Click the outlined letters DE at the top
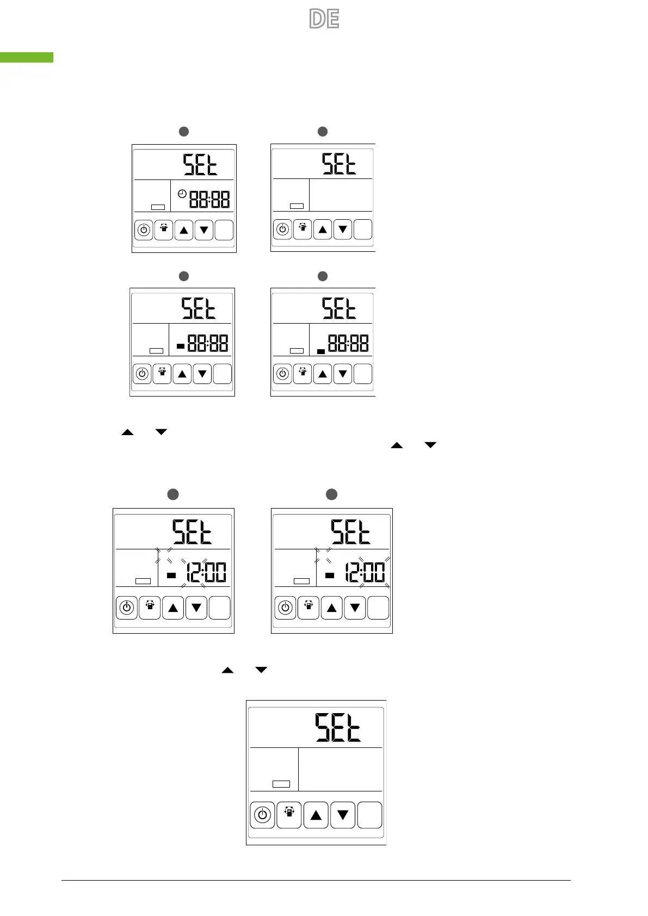coord(324,19)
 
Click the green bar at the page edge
coord(27,57)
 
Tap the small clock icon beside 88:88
coord(182,193)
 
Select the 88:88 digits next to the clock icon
coord(209,199)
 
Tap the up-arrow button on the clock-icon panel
coord(184,230)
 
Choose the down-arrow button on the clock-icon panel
coord(204,230)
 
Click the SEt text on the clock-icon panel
coord(200,164)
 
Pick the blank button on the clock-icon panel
coord(224,230)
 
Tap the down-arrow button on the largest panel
coord(343,815)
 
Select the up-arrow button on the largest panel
coord(316,815)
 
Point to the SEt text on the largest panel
coord(338,728)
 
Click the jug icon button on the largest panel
coord(289,814)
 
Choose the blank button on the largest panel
coord(369,815)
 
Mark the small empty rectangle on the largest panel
coord(281,784)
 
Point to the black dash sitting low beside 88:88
coord(321,351)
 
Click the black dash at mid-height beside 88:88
coord(181,345)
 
